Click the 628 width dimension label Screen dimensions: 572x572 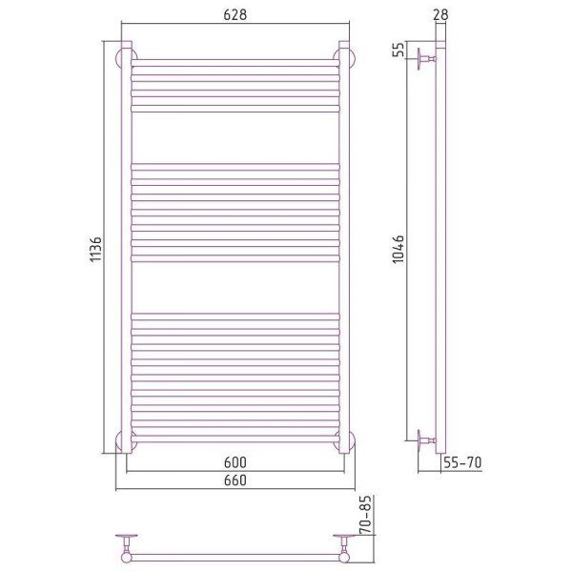coord(235,14)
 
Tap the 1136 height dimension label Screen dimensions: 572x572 coord(96,250)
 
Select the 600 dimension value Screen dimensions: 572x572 coord(235,462)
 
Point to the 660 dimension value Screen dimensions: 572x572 coord(235,480)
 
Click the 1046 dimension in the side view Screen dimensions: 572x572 coord(398,250)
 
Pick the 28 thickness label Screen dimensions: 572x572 coord(441,14)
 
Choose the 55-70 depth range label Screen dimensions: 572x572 coord(462,462)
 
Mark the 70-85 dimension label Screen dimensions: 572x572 coord(367,515)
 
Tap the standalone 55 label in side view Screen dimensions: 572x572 coord(398,50)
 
